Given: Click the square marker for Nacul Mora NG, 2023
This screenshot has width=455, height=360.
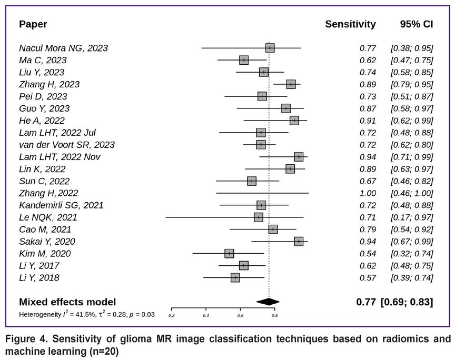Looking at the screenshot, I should [270, 48].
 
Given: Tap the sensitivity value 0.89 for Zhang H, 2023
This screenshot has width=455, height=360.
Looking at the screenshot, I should [368, 84].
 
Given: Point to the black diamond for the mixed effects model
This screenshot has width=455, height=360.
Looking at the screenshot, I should [268, 302].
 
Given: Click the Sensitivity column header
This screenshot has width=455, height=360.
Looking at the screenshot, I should [350, 24].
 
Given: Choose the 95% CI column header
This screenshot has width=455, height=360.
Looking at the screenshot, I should [417, 24].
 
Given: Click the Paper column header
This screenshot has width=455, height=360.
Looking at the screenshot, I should [33, 24].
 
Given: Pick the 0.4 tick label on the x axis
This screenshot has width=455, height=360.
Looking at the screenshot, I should [206, 316].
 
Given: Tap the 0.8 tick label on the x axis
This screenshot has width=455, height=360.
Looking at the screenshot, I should [274, 316].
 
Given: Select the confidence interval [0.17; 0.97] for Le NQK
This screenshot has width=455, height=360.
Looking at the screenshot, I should [411, 217].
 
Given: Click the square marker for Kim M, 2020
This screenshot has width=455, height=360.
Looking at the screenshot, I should [229, 254].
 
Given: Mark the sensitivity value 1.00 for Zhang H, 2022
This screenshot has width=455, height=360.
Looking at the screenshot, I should [368, 193].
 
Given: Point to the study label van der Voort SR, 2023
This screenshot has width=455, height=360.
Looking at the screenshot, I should [67, 145].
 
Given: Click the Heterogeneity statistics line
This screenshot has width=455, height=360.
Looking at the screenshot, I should [87, 315].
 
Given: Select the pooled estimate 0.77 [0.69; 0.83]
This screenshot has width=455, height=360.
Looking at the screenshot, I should [394, 302].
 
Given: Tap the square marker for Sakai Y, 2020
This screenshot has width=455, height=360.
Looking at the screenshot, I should [299, 242].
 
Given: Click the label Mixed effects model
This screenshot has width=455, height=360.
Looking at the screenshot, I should [67, 302].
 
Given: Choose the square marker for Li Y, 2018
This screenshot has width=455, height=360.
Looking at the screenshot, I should [235, 278].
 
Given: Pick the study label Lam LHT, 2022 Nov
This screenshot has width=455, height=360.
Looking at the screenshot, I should [60, 157].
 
